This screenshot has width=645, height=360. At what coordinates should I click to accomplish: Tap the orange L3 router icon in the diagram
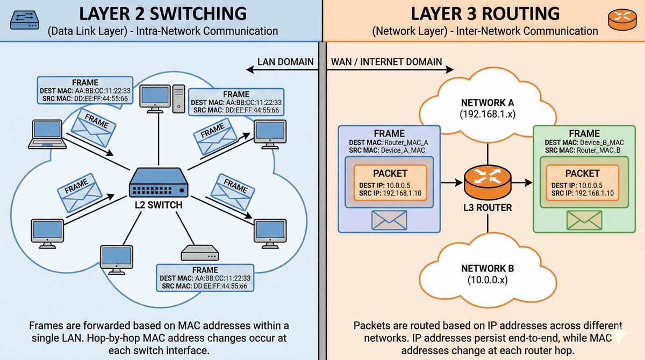click(x=487, y=181)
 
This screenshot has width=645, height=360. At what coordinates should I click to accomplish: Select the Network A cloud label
click(x=488, y=107)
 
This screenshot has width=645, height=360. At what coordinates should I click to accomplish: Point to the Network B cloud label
click(x=488, y=274)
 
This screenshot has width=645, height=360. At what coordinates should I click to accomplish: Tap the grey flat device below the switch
click(x=199, y=252)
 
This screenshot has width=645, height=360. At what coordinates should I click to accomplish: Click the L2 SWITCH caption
click(x=160, y=205)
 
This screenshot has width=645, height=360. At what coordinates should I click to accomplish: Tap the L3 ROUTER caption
click(x=487, y=207)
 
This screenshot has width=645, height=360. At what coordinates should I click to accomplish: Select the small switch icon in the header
click(x=24, y=20)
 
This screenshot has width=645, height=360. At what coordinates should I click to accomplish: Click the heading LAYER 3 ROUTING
click(x=485, y=13)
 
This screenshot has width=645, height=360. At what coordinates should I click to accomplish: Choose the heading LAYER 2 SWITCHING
click(x=163, y=13)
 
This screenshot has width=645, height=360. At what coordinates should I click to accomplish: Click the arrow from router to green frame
click(x=520, y=183)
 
